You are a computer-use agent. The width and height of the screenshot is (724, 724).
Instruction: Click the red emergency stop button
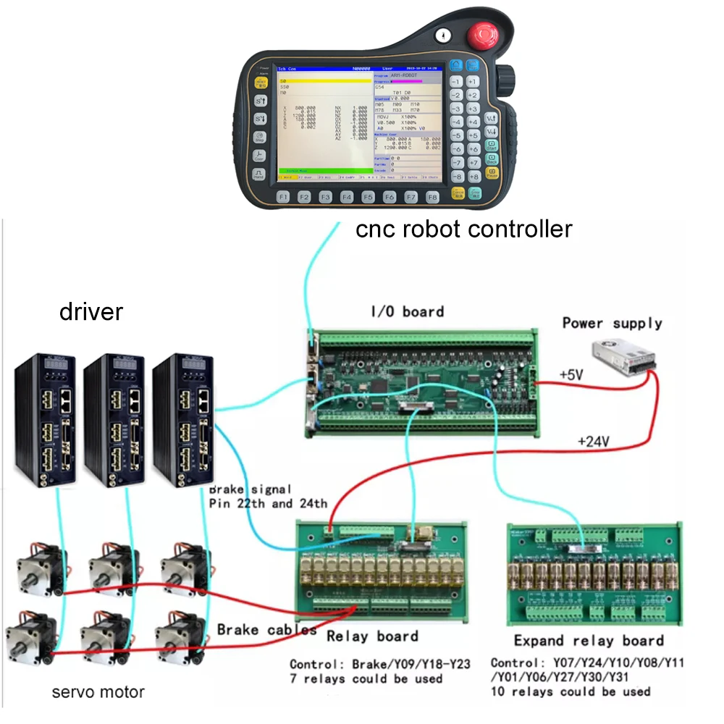484,37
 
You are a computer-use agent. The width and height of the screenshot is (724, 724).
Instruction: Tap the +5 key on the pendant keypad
473,135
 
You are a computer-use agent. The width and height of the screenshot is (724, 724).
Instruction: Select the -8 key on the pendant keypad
458,177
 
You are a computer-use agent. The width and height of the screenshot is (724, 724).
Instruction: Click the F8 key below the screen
432,197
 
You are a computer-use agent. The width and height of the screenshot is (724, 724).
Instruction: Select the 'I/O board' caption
407,311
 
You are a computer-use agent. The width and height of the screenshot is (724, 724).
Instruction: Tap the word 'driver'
91,312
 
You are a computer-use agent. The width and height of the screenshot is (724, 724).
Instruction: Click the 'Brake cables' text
266,630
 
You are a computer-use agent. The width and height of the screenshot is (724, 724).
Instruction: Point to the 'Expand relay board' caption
589,641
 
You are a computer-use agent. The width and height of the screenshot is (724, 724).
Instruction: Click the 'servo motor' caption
98,692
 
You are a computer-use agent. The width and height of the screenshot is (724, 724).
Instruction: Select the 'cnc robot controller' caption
464,230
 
